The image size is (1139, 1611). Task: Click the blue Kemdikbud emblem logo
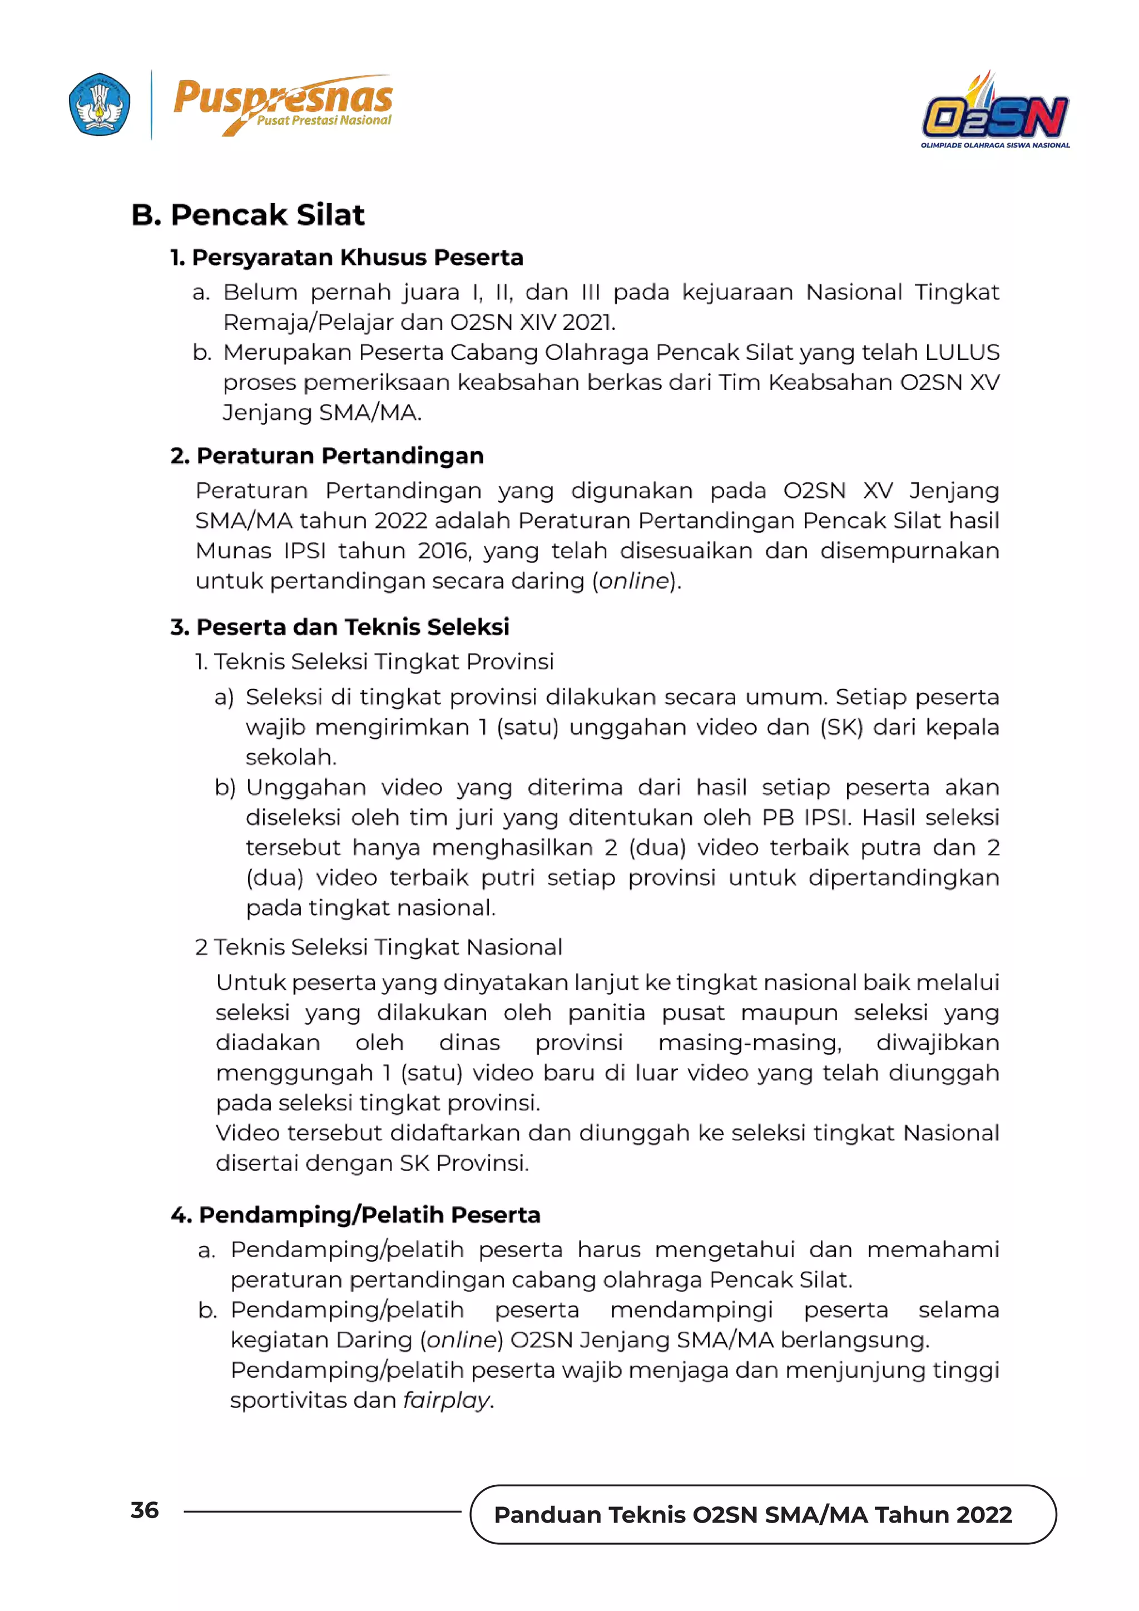pos(100,104)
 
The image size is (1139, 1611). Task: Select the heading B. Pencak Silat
pos(247,215)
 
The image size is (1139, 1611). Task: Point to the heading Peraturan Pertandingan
pos(328,456)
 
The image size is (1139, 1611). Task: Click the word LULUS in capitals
pos(962,352)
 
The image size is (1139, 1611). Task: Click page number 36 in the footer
pos(145,1510)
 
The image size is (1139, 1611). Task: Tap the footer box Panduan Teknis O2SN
pos(752,1514)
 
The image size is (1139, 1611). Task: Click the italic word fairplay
pos(446,1400)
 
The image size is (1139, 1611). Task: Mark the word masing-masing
pos(749,1042)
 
